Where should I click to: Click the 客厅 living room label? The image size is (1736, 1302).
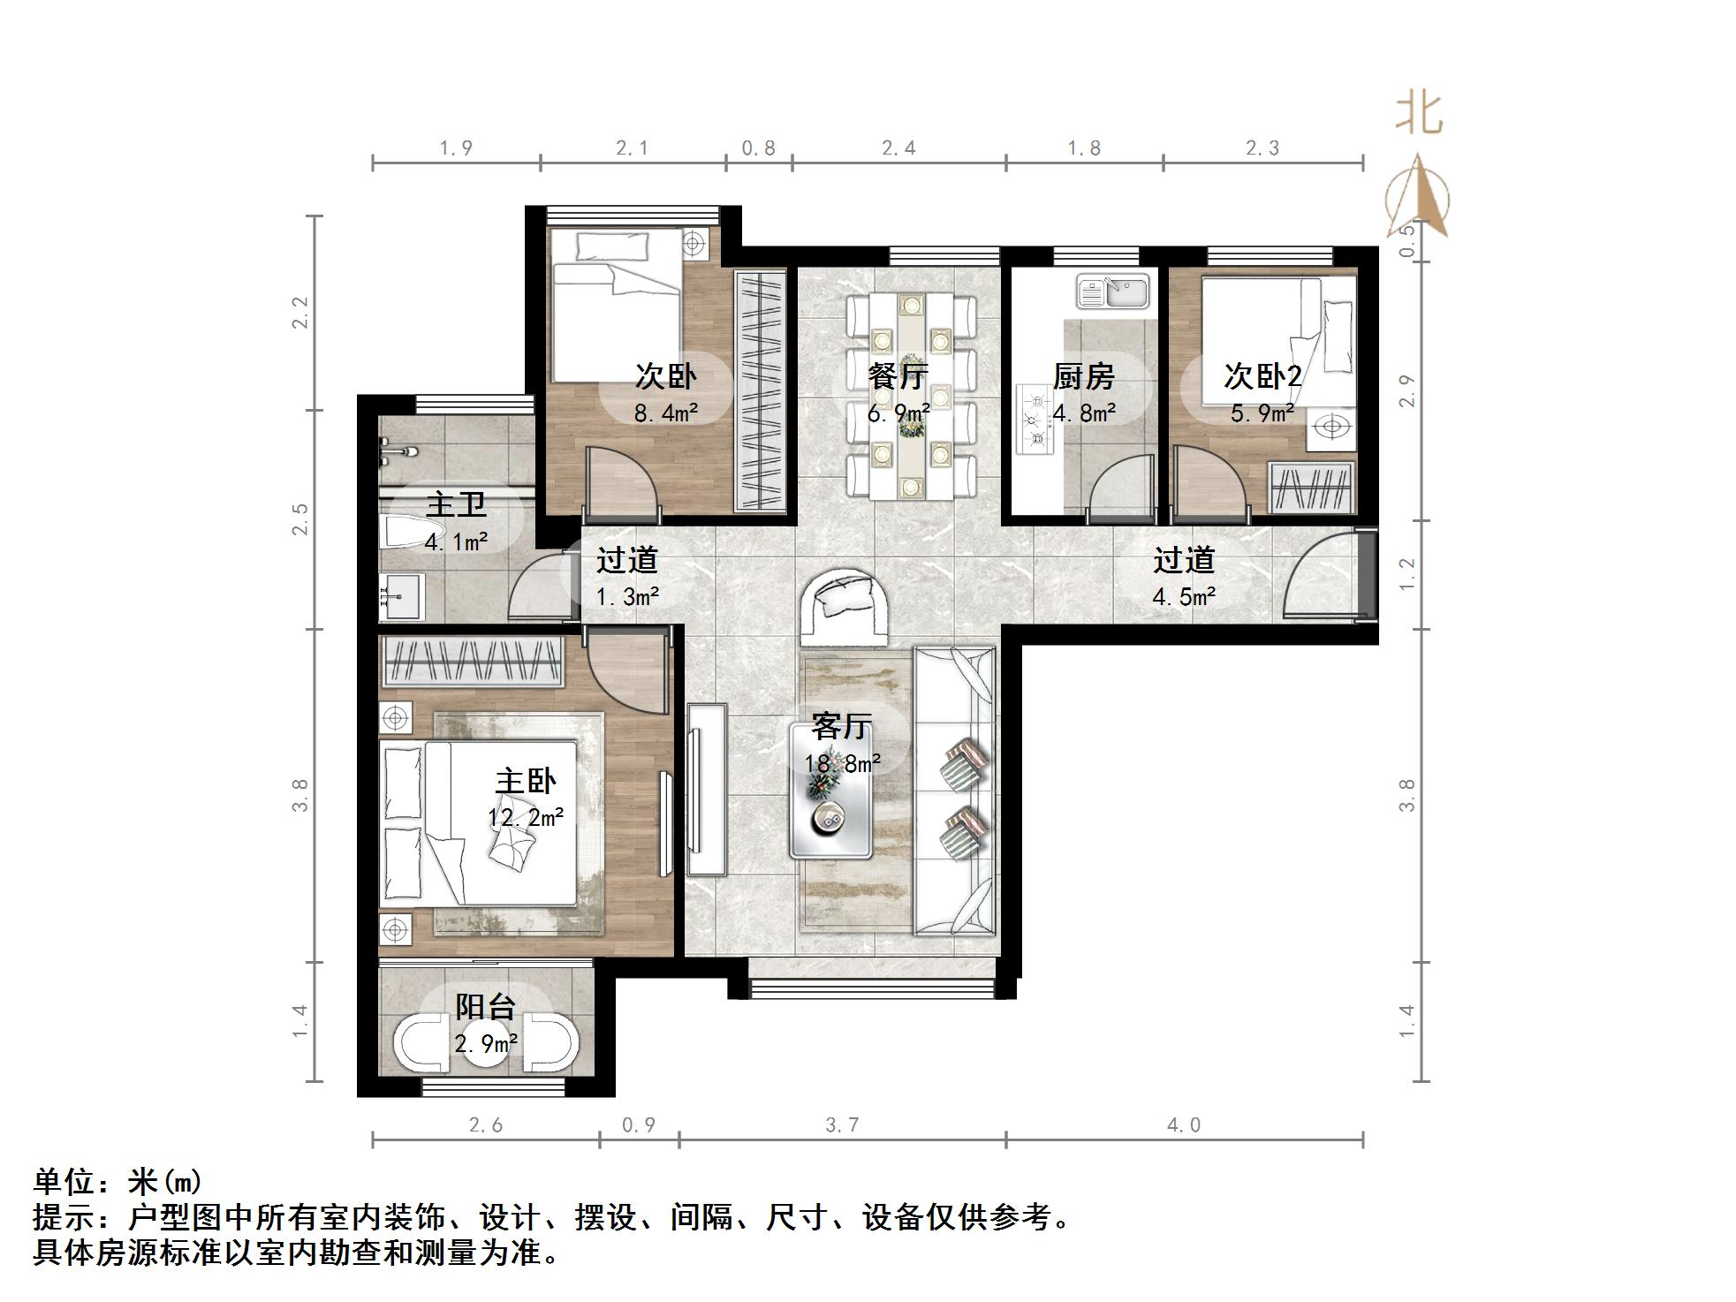[841, 726]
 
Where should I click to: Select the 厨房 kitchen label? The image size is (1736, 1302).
[1083, 377]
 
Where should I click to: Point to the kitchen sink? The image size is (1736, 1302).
[1112, 291]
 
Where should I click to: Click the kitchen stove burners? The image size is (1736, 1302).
[1035, 420]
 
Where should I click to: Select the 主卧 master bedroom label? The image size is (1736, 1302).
[526, 781]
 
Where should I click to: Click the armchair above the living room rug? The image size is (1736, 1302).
[844, 608]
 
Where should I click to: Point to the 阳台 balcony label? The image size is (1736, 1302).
[485, 1006]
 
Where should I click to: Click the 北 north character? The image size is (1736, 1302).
[1419, 114]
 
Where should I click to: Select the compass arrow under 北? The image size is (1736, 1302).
[1419, 199]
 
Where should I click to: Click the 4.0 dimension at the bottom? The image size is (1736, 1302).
[1184, 1124]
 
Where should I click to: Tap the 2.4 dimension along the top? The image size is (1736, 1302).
[898, 148]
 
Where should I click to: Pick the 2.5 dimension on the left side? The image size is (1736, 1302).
[301, 519]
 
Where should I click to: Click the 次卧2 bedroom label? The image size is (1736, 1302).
[1262, 377]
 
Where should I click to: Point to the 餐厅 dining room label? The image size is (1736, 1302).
[898, 377]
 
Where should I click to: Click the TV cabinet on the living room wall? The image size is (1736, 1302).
[707, 788]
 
